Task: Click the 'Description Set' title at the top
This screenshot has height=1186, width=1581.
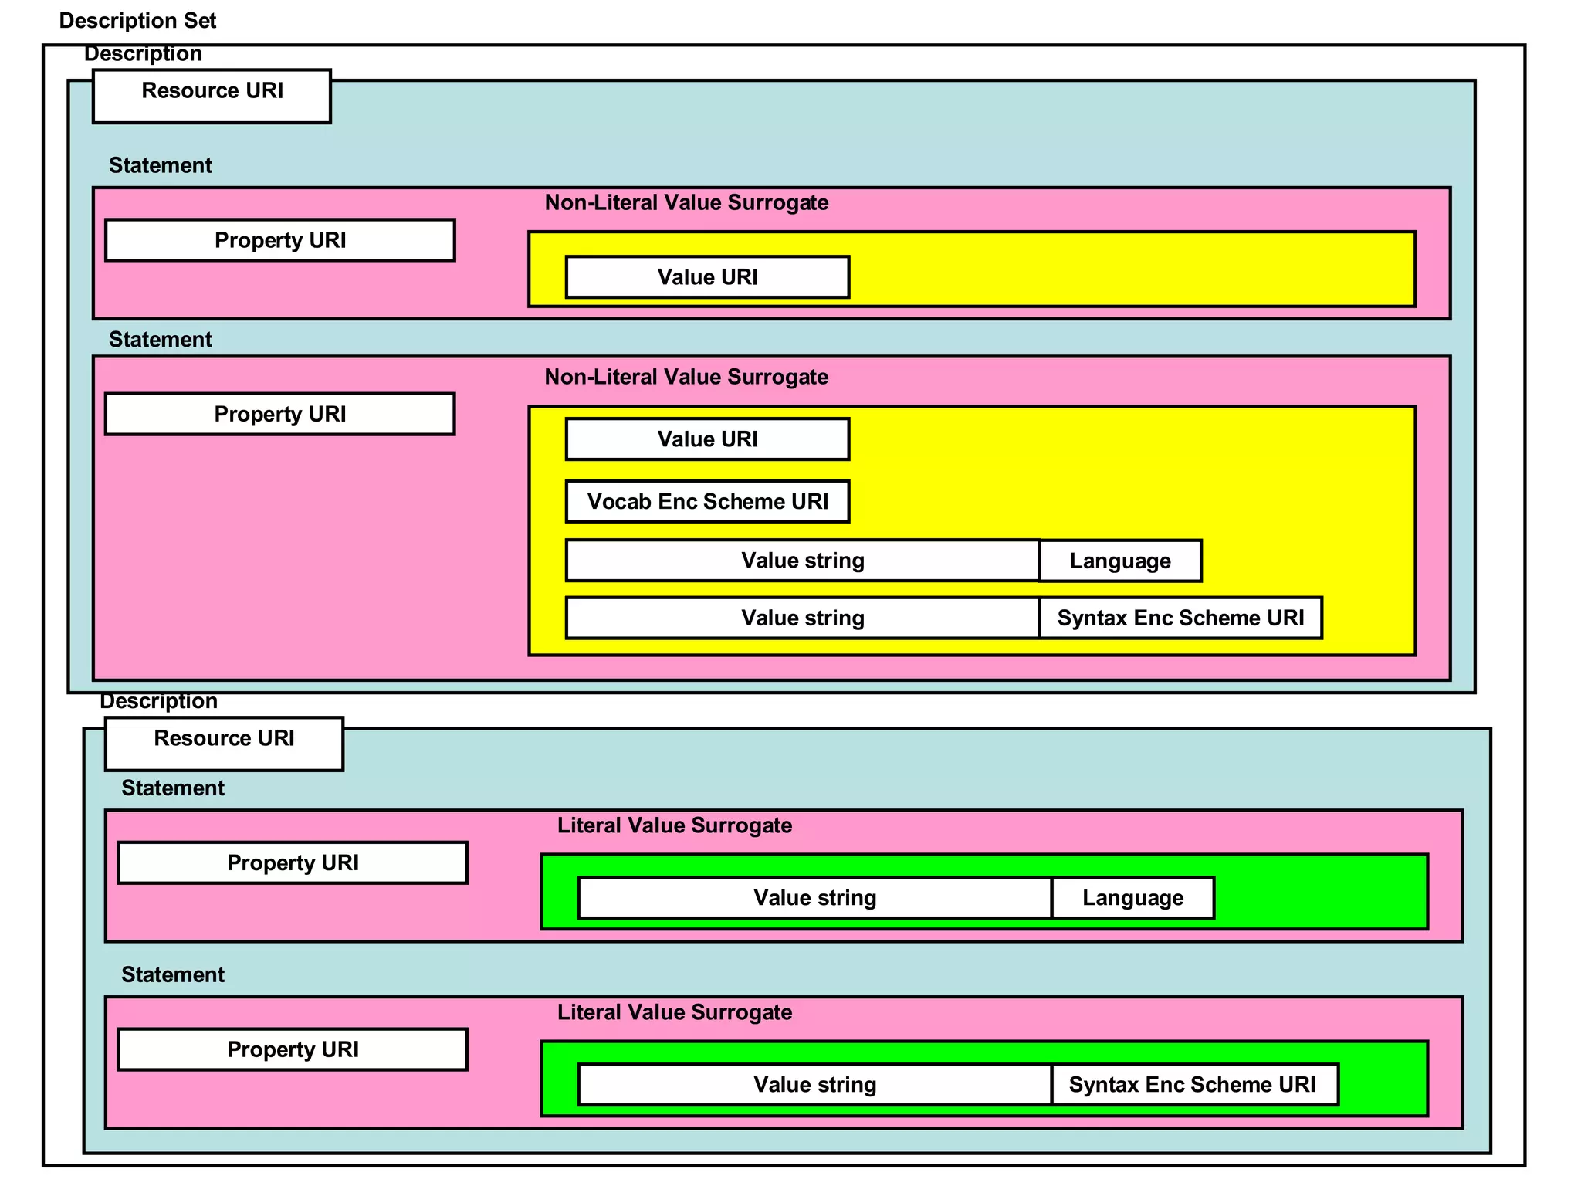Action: tap(137, 21)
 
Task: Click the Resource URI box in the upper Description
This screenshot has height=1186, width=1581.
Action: tap(212, 96)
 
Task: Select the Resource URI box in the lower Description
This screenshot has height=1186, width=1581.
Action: tap(224, 744)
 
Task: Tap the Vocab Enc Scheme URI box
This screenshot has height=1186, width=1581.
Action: tap(707, 502)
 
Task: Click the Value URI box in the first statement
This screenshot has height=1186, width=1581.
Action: tap(707, 277)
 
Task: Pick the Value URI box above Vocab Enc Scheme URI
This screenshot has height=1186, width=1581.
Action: tap(707, 439)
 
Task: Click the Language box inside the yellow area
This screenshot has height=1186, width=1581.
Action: tap(1119, 561)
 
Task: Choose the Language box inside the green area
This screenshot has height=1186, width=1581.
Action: tap(1132, 898)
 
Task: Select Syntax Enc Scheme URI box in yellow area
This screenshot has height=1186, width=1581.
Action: tap(1180, 618)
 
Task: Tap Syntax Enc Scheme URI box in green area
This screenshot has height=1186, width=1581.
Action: tap(1193, 1085)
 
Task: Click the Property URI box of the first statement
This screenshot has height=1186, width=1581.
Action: tap(279, 240)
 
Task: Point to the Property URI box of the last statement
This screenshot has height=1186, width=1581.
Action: tap(293, 1049)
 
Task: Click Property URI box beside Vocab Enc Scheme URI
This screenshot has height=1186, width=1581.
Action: tap(279, 415)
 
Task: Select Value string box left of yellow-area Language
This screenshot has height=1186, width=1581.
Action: tap(802, 561)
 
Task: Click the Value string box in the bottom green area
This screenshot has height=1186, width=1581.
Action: tap(814, 1085)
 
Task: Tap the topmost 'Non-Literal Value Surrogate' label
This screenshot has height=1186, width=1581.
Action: tap(686, 203)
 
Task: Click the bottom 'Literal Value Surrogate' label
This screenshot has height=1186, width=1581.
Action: tap(675, 1012)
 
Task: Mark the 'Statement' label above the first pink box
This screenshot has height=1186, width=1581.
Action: tap(160, 165)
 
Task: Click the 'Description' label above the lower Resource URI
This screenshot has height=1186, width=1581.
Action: tap(158, 701)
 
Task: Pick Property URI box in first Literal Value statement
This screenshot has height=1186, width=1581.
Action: tap(293, 862)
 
